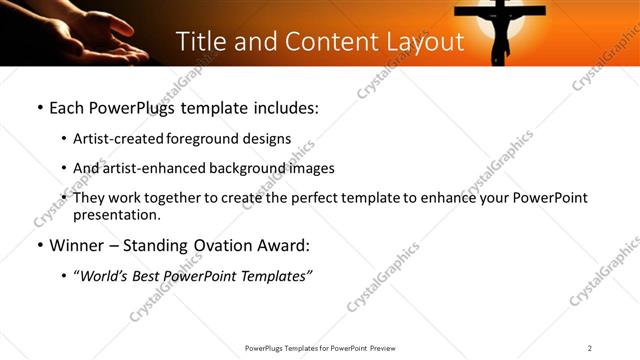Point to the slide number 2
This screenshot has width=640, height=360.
pyautogui.click(x=590, y=347)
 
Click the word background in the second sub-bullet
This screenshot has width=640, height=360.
pyautogui.click(x=241, y=168)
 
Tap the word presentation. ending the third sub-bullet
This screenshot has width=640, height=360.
pyautogui.click(x=116, y=215)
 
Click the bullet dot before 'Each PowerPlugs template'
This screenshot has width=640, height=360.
pyautogui.click(x=39, y=108)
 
